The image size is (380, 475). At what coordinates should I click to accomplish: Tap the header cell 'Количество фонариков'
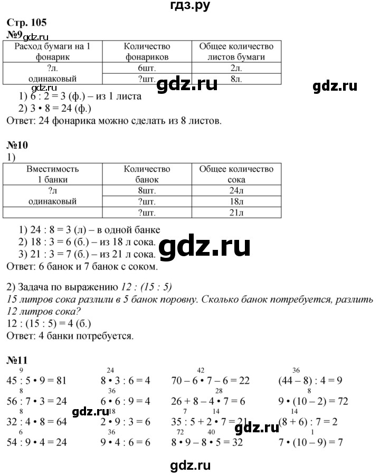pos(147,52)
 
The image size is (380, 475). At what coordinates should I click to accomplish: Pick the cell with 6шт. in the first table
pos(147,67)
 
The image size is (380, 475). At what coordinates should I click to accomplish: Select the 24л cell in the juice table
pos(236,190)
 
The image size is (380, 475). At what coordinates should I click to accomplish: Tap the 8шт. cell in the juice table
pos(147,190)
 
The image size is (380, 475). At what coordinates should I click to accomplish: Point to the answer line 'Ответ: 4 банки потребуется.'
pos(71,335)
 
